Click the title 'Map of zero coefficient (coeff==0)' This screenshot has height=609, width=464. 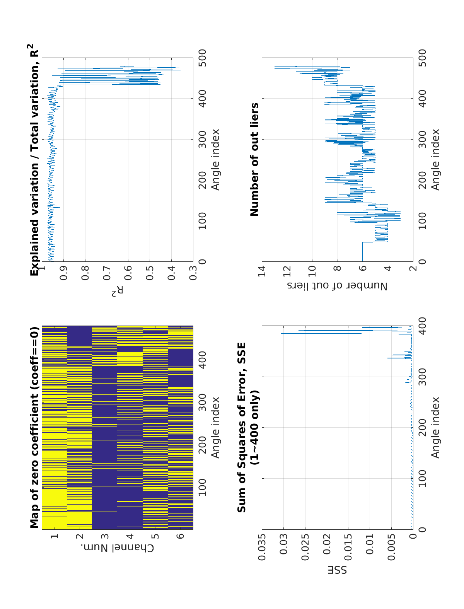(x=35, y=428)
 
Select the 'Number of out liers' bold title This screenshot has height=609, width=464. (x=254, y=159)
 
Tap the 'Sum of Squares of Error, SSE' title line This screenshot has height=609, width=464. (x=242, y=428)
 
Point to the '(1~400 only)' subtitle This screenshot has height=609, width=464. (x=254, y=428)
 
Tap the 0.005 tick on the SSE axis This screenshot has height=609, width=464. (x=392, y=547)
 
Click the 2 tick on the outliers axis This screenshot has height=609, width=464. (x=413, y=269)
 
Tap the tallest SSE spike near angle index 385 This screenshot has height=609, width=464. (x=281, y=333)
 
